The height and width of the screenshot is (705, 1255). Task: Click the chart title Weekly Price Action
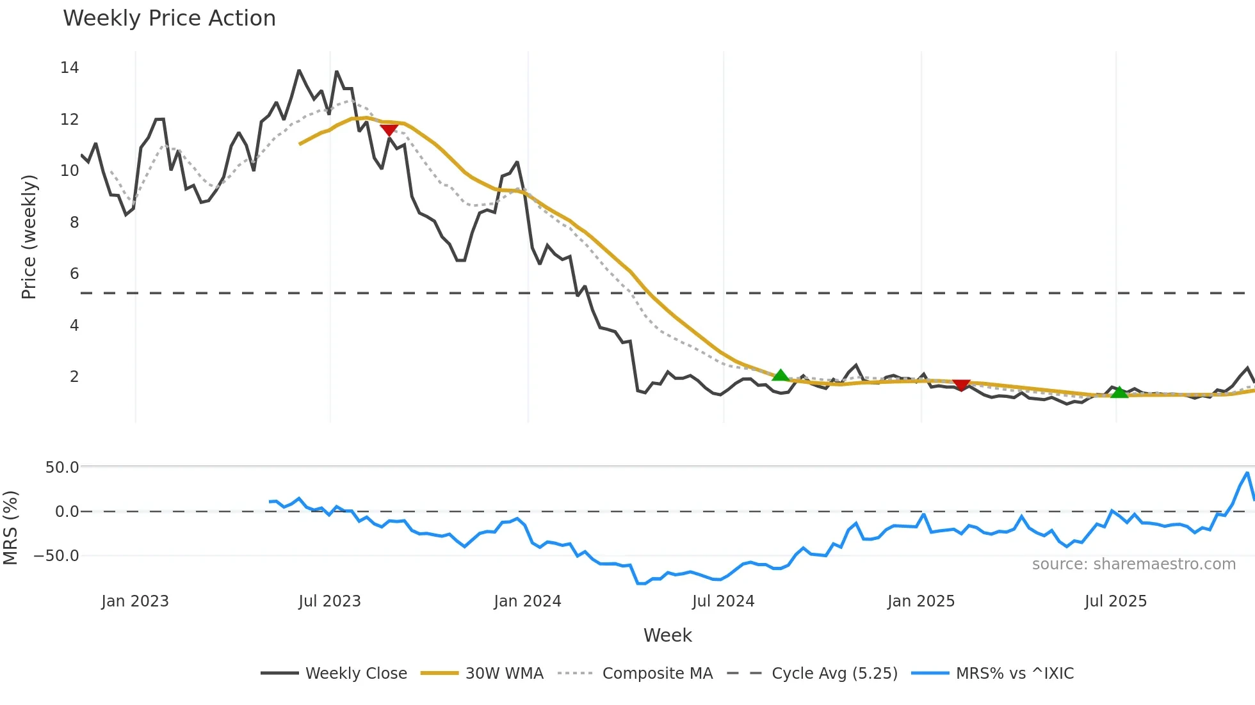click(169, 19)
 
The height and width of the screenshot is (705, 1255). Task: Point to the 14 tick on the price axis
click(70, 68)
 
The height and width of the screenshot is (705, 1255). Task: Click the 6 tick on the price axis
click(74, 274)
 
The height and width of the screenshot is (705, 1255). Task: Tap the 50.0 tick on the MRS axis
click(62, 468)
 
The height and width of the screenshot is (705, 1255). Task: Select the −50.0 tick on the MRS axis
click(56, 556)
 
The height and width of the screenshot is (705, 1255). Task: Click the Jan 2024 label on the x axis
click(528, 601)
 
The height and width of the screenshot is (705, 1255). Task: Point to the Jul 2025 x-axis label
click(1115, 601)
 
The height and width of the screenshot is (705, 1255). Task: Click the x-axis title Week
click(667, 635)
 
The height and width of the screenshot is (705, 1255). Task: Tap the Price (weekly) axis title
click(29, 237)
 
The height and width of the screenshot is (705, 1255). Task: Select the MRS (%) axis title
click(10, 528)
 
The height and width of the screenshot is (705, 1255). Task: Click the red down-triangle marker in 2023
click(389, 130)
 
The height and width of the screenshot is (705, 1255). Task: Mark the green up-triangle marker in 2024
click(781, 375)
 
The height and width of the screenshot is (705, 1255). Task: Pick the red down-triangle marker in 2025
click(961, 384)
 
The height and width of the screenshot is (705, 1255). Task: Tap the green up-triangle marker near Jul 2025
click(1119, 392)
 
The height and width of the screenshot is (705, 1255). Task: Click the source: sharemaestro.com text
click(1133, 564)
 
